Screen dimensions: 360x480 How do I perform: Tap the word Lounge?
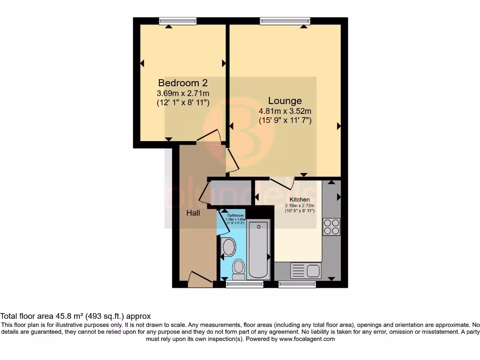click(x=285, y=101)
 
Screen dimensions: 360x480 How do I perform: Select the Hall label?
click(x=193, y=213)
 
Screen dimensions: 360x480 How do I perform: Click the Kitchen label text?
click(x=300, y=200)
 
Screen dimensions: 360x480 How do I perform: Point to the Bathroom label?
click(x=236, y=216)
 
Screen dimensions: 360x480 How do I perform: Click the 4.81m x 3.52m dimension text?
click(x=285, y=112)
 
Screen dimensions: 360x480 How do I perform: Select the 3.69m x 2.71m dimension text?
click(x=183, y=94)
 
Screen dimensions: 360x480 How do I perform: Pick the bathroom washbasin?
click(x=229, y=246)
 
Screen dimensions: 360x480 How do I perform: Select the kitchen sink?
click(x=305, y=270)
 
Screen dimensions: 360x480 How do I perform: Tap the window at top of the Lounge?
click(x=285, y=21)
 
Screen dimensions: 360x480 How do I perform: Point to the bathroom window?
click(x=245, y=284)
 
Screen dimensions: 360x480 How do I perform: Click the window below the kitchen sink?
click(x=297, y=284)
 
